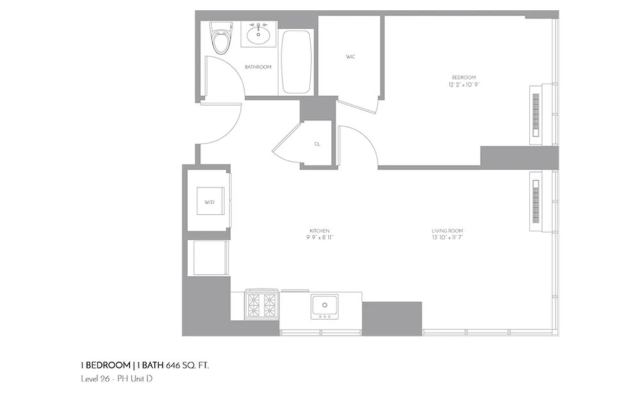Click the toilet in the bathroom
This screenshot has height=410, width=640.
[222, 38]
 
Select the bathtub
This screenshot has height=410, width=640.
[296, 62]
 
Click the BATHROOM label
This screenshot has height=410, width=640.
[258, 67]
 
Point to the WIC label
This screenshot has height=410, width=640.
[350, 57]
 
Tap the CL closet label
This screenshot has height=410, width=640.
[317, 145]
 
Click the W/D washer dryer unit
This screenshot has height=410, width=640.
[210, 202]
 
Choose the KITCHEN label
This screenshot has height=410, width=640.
[319, 231]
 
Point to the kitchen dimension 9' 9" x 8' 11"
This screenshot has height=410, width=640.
[319, 238]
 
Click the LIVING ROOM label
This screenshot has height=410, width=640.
[447, 231]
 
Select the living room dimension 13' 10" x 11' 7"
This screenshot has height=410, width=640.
[447, 238]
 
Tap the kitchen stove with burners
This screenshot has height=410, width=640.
[262, 305]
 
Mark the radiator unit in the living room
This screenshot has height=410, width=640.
[536, 201]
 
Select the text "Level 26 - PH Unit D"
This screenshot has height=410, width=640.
[117, 379]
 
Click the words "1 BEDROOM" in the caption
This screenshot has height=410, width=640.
[106, 365]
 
